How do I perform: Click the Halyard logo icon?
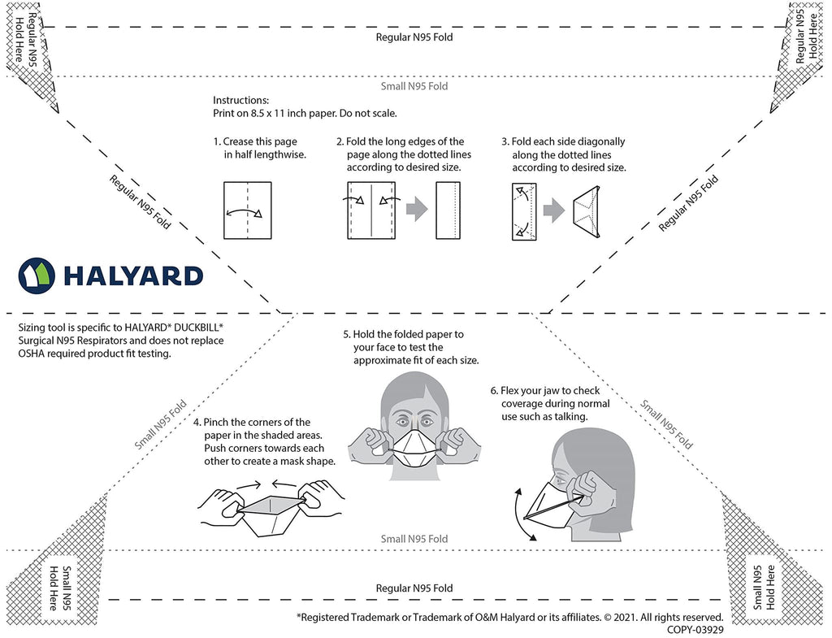tap(36, 275)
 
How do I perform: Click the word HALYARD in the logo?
tap(133, 276)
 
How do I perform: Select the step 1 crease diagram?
tap(245, 210)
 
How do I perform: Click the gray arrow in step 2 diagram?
tap(416, 210)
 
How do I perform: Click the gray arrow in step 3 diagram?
tap(553, 211)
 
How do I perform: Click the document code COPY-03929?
tap(695, 628)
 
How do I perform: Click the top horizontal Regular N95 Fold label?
tap(414, 37)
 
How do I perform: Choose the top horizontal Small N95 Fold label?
tap(414, 86)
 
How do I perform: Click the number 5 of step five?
tap(346, 334)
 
